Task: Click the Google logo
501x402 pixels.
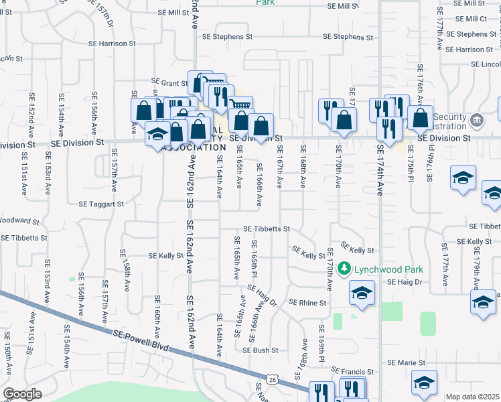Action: click(22, 394)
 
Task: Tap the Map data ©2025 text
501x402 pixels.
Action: click(472, 397)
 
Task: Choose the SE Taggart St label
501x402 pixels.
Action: click(102, 204)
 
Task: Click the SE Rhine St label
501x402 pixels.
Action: click(307, 303)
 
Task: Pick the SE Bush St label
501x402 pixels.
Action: click(260, 350)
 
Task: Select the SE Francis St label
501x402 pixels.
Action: click(355, 371)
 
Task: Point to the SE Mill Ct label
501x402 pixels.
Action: click(470, 19)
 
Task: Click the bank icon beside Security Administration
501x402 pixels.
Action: click(476, 121)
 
